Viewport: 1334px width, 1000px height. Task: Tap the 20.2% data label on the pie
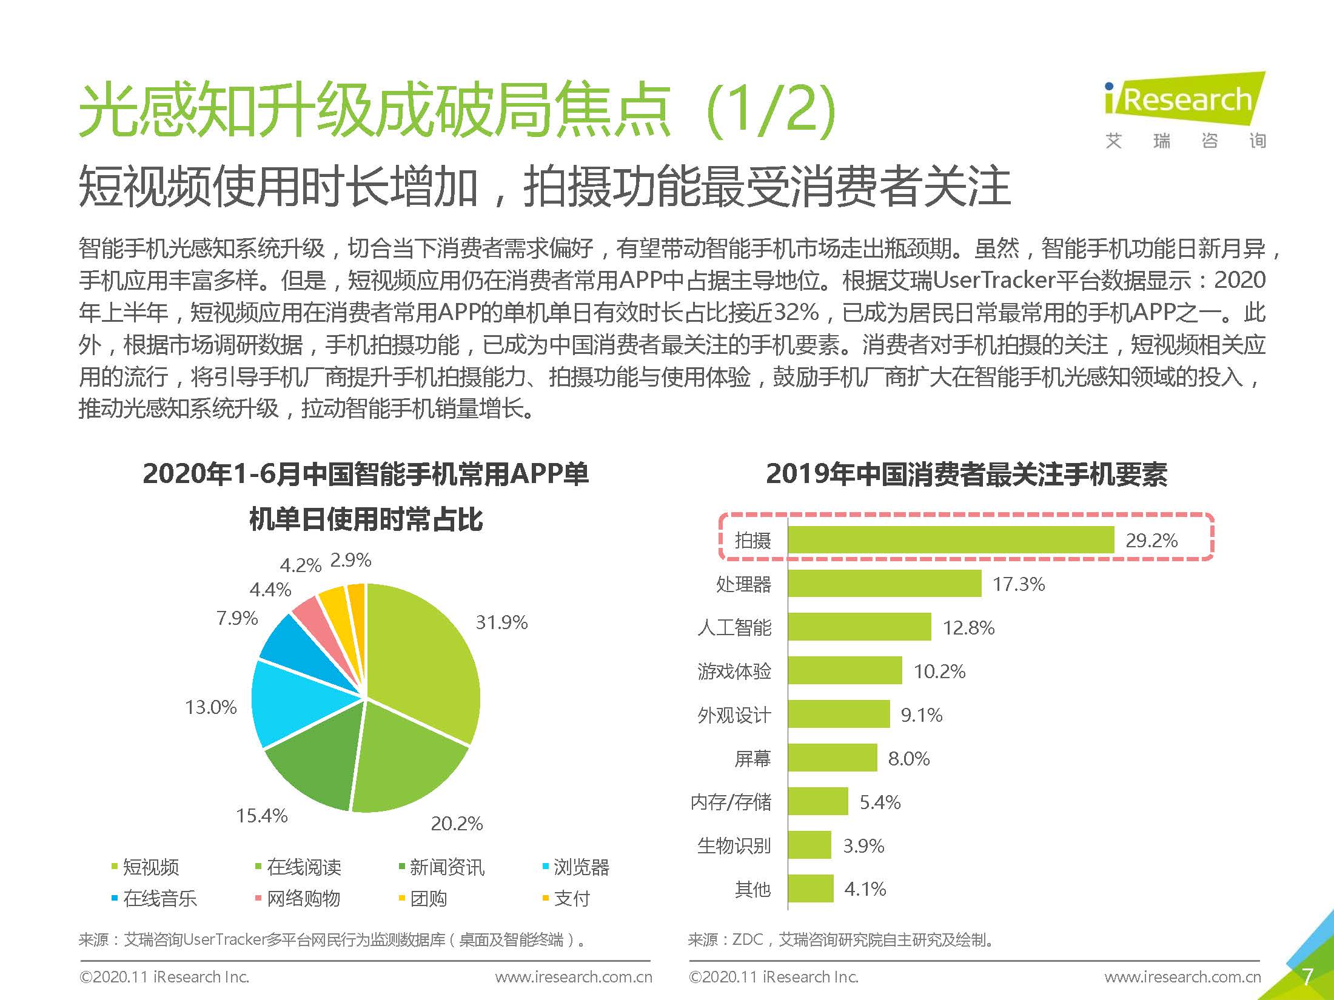coord(457,824)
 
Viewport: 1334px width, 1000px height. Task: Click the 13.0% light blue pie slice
coord(297,703)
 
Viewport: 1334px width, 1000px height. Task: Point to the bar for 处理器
coord(884,584)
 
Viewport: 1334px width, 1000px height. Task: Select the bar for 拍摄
coord(950,540)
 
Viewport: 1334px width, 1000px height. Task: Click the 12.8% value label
coord(968,628)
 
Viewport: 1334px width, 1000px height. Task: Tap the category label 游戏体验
coord(734,672)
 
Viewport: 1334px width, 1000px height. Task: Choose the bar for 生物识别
coord(809,845)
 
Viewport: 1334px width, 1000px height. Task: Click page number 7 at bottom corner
coord(1307,977)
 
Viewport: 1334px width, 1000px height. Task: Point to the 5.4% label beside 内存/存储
coord(880,802)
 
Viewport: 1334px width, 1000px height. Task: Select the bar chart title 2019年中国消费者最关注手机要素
coord(967,474)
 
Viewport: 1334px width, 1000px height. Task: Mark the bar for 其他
coord(811,888)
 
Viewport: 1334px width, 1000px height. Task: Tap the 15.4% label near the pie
coord(261,816)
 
